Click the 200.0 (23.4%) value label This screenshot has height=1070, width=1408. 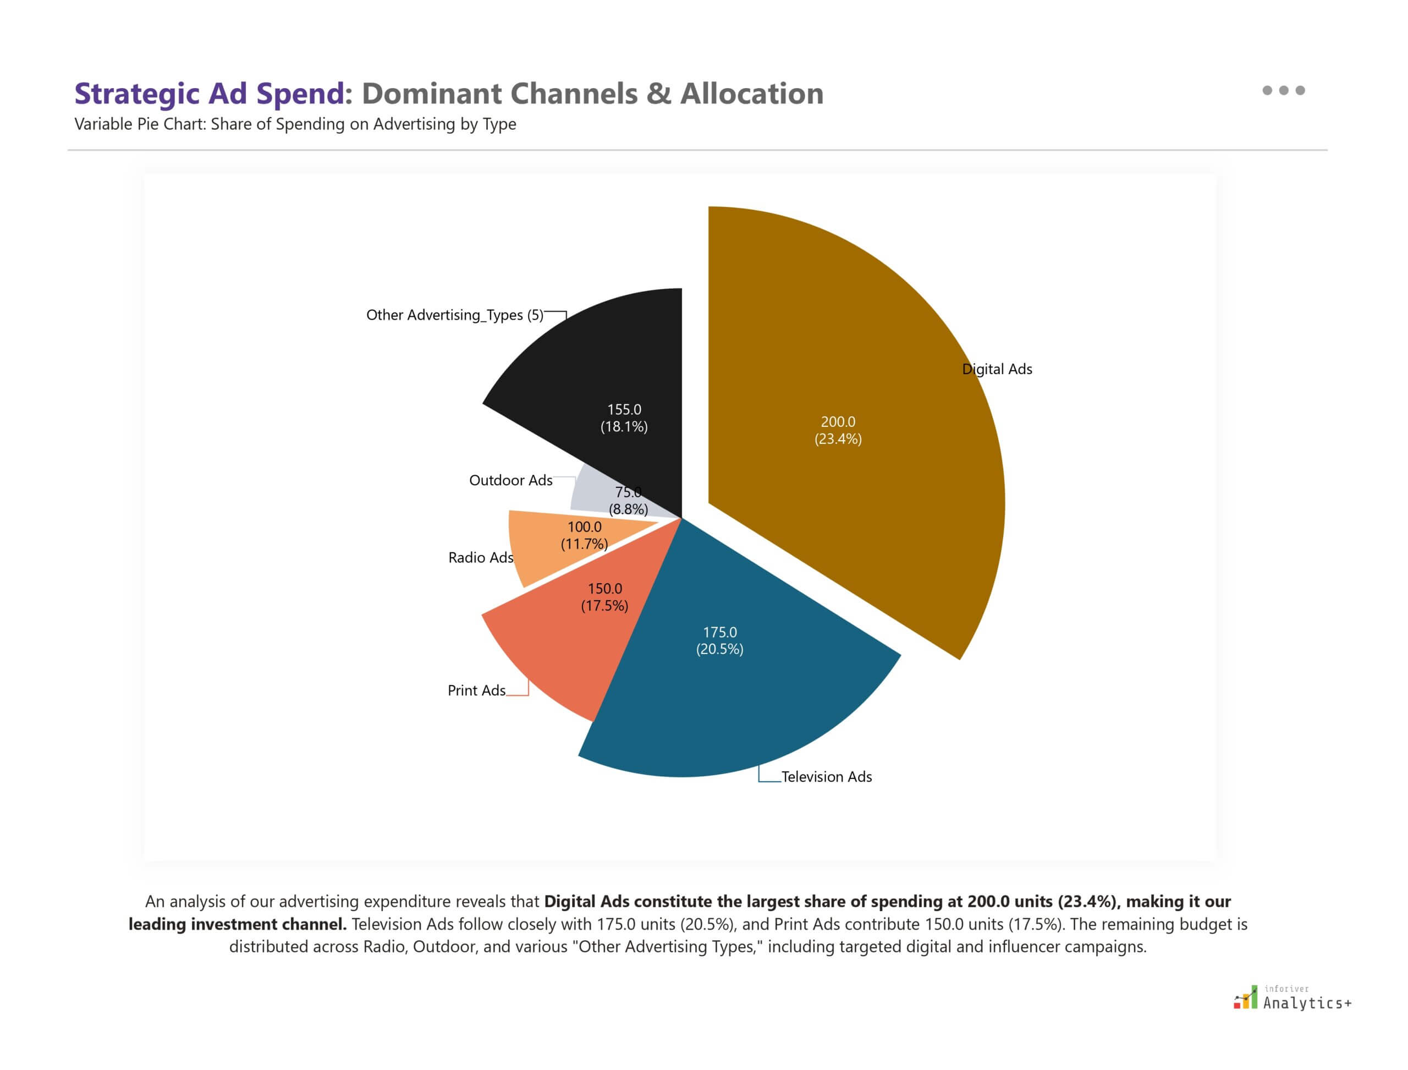point(838,430)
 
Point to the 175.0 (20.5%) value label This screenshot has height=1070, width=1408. point(719,640)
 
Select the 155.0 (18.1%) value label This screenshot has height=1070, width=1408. point(624,418)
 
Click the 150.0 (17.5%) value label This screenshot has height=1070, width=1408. point(604,597)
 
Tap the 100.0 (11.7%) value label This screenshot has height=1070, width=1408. point(584,535)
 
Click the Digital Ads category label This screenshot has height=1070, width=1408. point(997,369)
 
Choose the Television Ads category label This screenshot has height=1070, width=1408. point(826,776)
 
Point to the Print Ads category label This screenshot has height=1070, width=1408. point(476,690)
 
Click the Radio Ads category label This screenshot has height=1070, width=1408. point(480,558)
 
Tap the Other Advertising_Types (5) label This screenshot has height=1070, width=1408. point(455,315)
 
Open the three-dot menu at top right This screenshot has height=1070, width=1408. point(1283,90)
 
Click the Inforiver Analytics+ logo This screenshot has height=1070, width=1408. point(1292,998)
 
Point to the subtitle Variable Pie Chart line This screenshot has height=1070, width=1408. point(295,124)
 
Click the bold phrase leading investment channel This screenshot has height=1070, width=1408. point(238,924)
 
